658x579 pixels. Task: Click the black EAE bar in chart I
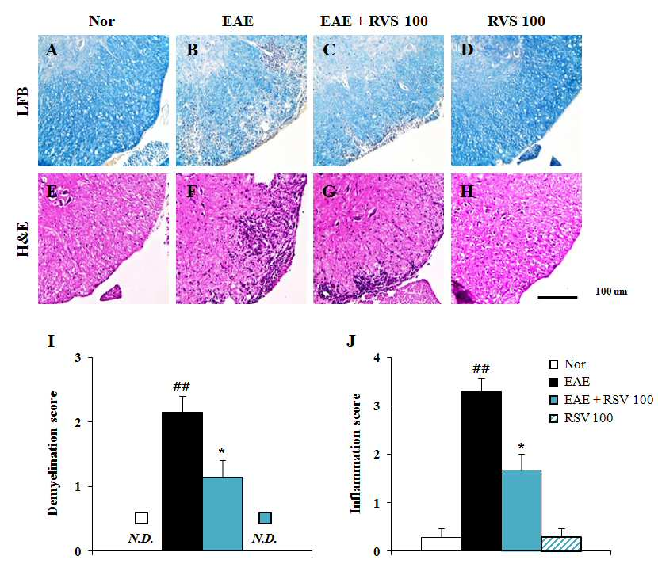(182, 482)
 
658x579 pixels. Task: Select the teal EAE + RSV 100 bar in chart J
(521, 510)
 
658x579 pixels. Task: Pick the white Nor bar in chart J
(441, 544)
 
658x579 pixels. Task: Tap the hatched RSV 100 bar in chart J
(561, 544)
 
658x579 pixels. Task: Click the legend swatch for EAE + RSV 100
(554, 399)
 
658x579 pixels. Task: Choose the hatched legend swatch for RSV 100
(554, 418)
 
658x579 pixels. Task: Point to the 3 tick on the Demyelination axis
(78, 358)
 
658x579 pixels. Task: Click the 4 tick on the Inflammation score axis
(377, 358)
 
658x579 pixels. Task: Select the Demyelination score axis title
(53, 453)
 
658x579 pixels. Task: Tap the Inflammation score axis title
(356, 453)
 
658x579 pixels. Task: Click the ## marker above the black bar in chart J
(481, 368)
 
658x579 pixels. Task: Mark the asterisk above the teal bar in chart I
(221, 451)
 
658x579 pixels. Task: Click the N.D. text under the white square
(140, 538)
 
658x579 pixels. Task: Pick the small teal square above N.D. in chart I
(265, 518)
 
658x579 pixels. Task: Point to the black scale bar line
(557, 297)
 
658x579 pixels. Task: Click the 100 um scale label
(611, 291)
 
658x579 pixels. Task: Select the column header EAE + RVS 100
(374, 21)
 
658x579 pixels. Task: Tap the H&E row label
(23, 239)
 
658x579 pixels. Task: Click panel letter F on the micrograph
(192, 192)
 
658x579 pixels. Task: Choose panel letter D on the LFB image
(467, 50)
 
